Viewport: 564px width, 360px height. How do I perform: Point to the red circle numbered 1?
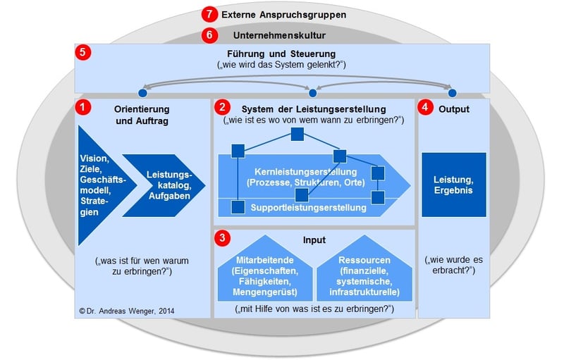point(84,108)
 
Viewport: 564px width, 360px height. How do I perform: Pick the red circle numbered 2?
point(223,108)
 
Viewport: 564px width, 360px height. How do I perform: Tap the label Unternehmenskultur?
point(279,34)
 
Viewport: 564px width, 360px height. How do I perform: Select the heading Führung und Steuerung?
point(281,54)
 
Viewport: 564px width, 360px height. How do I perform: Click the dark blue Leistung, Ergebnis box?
point(454,185)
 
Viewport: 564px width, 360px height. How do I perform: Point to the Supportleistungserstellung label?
point(308,208)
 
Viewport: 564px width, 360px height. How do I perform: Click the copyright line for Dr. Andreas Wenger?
point(127,310)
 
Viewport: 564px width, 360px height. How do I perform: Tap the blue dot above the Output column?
point(453,92)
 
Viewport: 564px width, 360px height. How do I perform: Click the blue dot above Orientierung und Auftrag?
point(143,92)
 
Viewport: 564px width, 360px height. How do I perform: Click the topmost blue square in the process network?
point(298,134)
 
